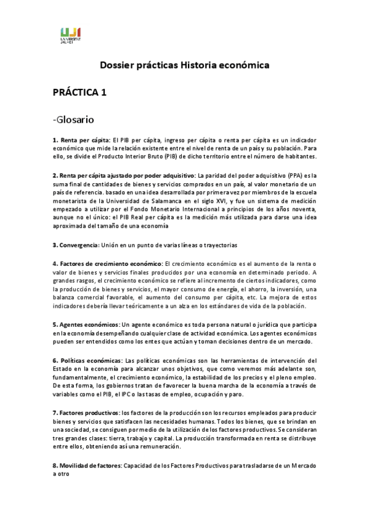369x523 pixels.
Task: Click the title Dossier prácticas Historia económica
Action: [x=185, y=65]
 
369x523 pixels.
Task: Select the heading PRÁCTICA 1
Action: [x=79, y=93]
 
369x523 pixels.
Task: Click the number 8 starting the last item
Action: [x=54, y=466]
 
